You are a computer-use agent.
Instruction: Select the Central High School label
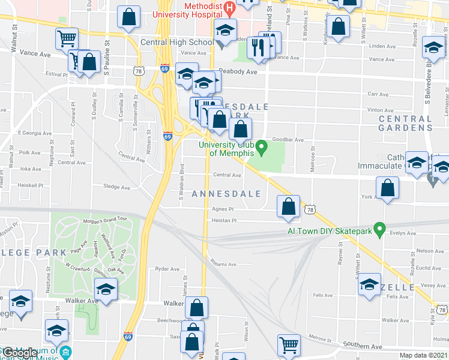pyautogui.click(x=176, y=43)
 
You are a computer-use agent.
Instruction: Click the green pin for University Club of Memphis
pyautogui.click(x=261, y=146)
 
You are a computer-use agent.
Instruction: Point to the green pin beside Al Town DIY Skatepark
pyautogui.click(x=378, y=229)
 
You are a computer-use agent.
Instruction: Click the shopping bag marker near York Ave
pyautogui.click(x=388, y=188)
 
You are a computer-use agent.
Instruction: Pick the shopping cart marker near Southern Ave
pyautogui.click(x=289, y=345)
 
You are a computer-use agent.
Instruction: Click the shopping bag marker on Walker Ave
pyautogui.click(x=197, y=308)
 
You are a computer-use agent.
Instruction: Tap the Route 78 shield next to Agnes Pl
pyautogui.click(x=309, y=209)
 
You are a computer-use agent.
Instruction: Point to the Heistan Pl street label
pyautogui.click(x=224, y=220)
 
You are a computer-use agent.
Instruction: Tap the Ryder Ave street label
pyautogui.click(x=167, y=269)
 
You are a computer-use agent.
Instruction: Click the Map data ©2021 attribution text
pyautogui.click(x=423, y=355)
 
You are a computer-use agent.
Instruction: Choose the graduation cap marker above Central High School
pyautogui.click(x=225, y=30)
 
